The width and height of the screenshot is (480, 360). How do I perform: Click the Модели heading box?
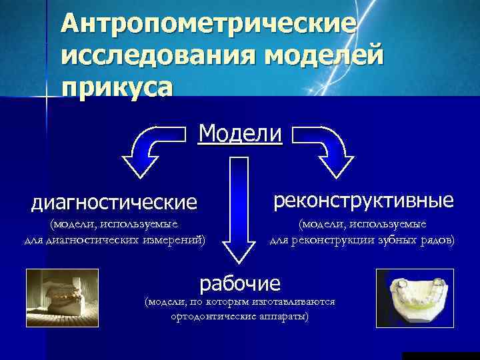point(240,133)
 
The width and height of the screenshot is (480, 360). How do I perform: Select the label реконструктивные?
point(363,199)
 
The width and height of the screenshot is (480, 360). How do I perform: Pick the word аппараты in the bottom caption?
point(284,316)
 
